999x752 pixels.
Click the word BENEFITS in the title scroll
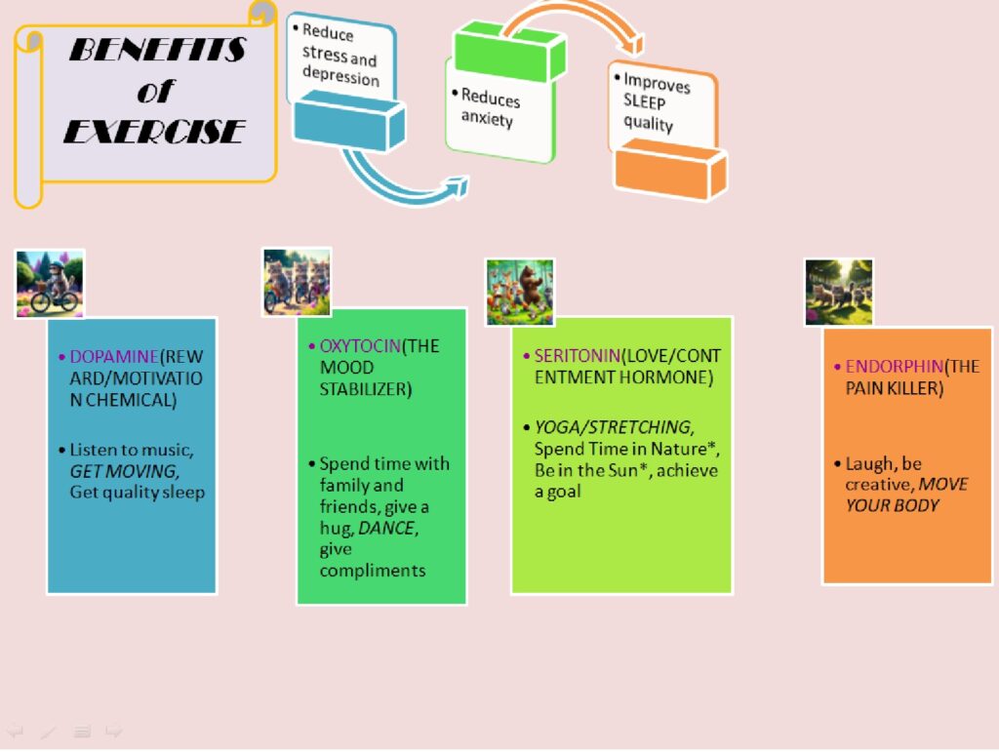point(157,50)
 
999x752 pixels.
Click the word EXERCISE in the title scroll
point(154,131)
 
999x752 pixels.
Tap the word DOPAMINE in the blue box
point(114,357)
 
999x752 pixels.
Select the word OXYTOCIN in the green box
point(360,345)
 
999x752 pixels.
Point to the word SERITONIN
point(578,355)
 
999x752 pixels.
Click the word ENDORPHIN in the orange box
point(894,366)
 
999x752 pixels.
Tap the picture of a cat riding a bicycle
point(50,284)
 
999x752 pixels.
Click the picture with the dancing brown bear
point(520,293)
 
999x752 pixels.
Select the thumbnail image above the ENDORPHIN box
point(838,293)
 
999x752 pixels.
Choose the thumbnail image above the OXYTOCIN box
point(297,282)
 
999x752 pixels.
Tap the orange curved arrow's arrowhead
point(633,44)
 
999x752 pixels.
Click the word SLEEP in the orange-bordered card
point(644,101)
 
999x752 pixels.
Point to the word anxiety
point(487,118)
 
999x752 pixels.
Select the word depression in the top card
point(340,76)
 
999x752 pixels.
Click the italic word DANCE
point(386,528)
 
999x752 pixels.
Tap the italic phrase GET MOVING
point(124,471)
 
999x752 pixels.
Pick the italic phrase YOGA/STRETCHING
point(615,426)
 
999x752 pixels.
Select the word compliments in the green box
point(373,571)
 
